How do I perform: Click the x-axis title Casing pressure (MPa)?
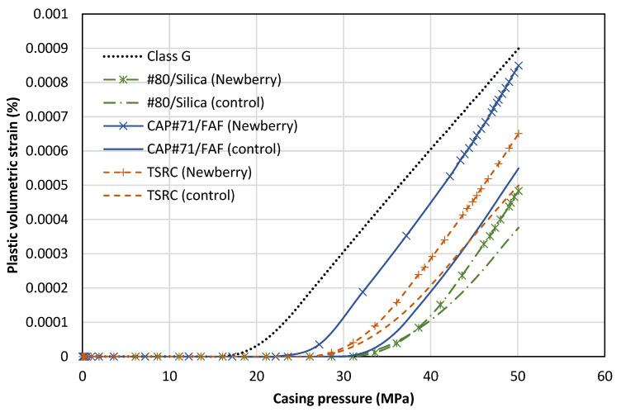point(343,400)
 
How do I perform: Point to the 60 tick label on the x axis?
point(604,376)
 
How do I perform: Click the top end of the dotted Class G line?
point(518,49)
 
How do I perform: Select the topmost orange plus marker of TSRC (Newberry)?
point(518,134)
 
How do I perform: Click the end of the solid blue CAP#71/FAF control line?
point(518,168)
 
